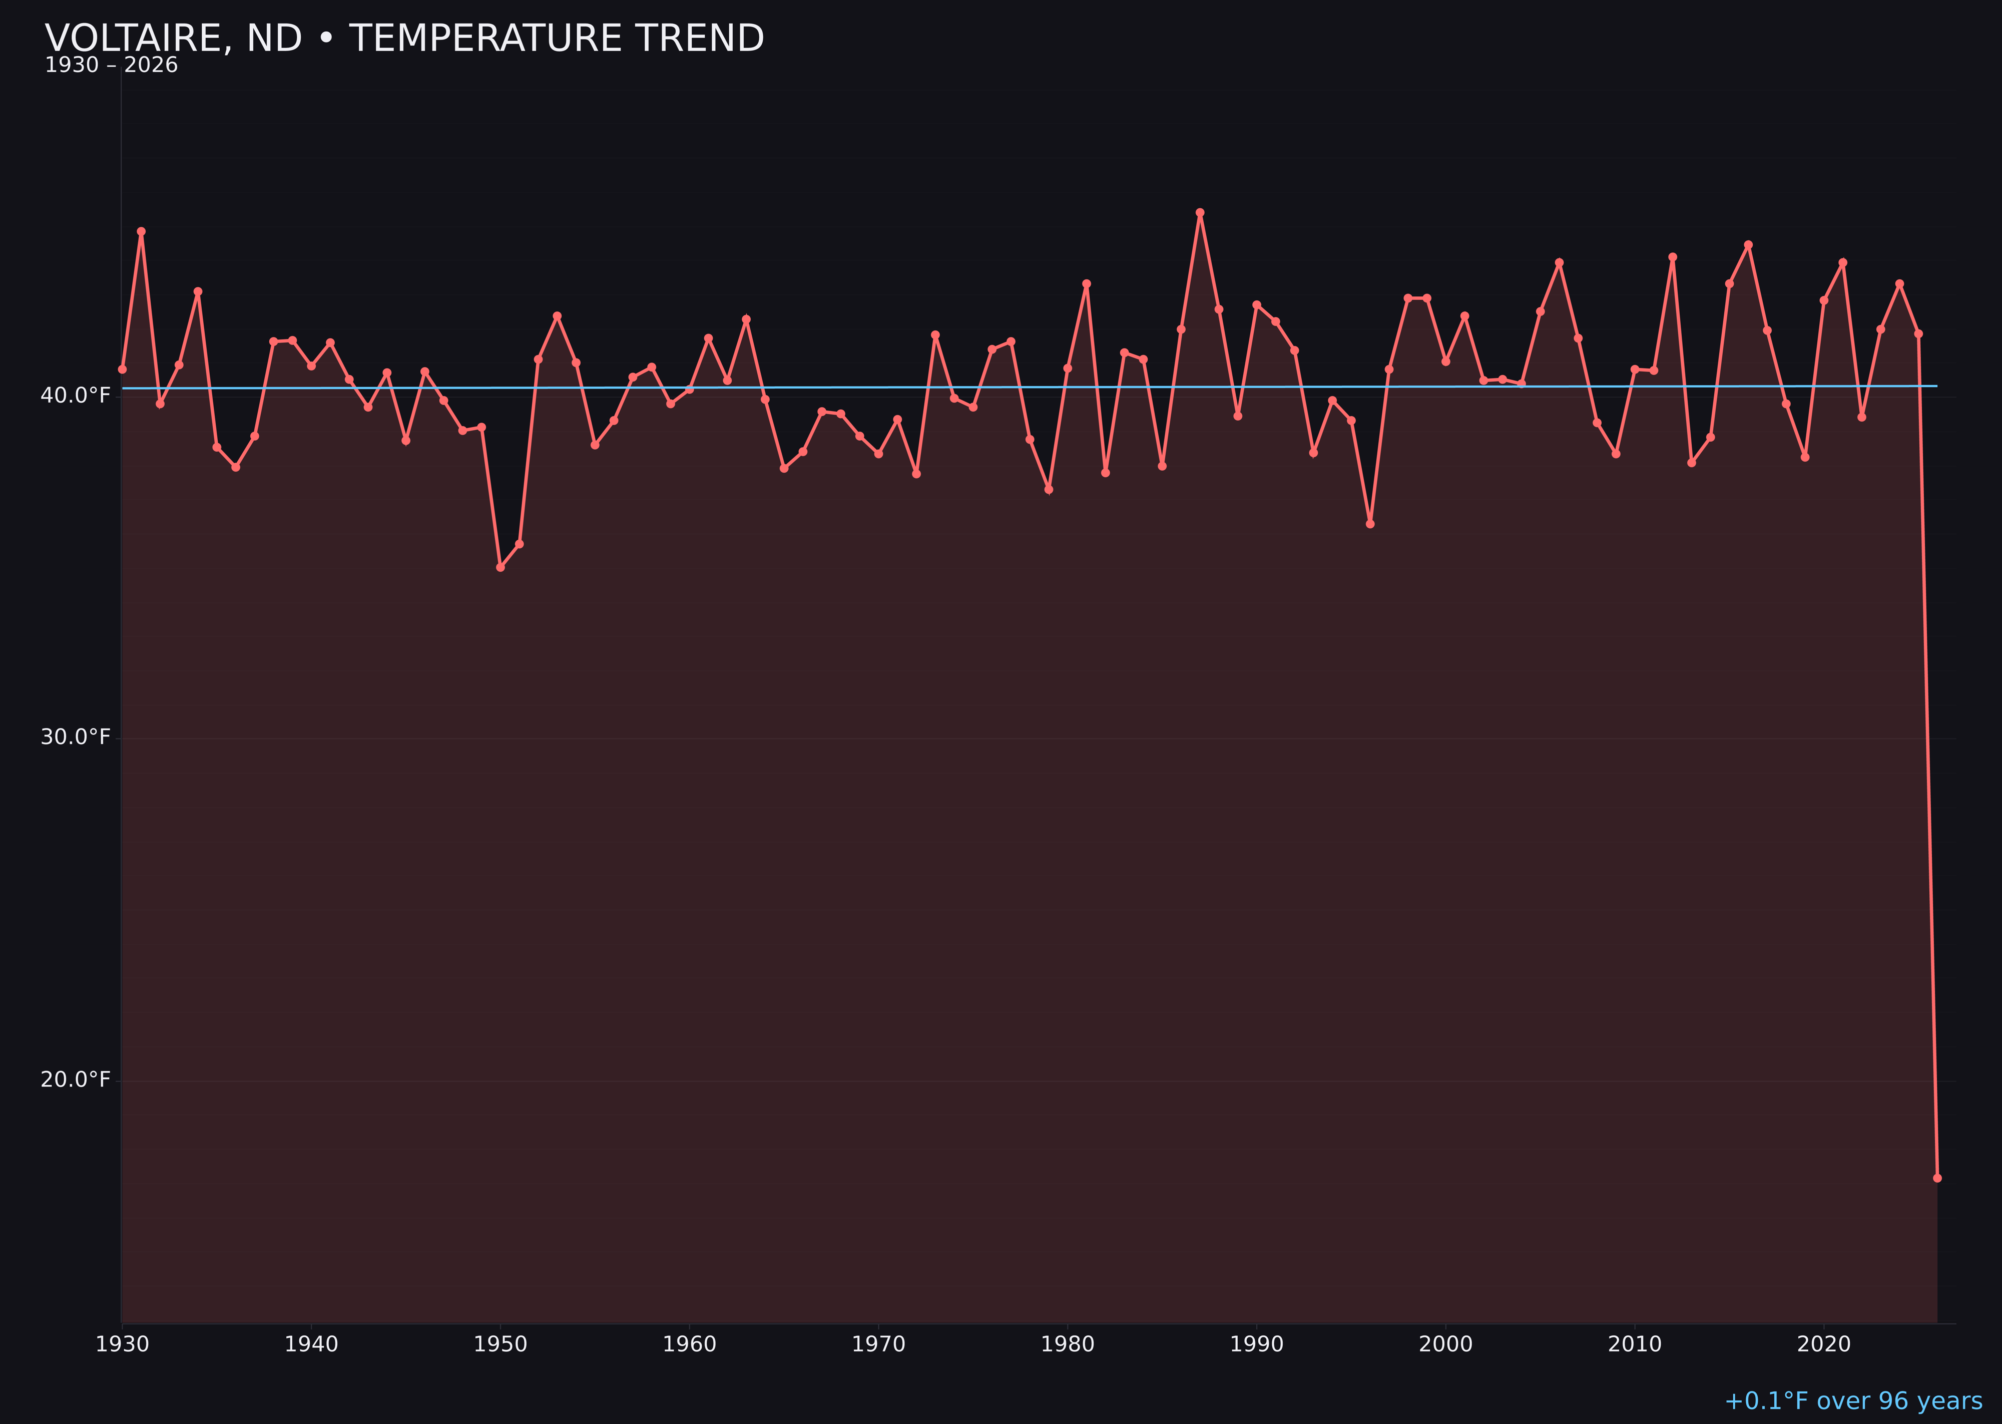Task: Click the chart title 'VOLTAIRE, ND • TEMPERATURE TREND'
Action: click(404, 39)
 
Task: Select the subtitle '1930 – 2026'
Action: click(111, 66)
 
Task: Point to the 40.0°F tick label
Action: click(76, 396)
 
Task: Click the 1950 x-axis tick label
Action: click(500, 1344)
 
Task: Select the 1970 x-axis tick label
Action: click(878, 1344)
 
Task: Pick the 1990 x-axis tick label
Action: click(1256, 1344)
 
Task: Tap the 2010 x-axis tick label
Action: click(1635, 1344)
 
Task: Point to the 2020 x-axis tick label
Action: click(1824, 1344)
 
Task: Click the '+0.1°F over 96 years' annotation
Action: click(1853, 1401)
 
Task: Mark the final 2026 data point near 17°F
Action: click(1937, 1178)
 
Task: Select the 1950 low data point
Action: click(500, 567)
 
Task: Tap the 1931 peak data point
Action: click(141, 231)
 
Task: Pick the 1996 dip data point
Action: click(1370, 523)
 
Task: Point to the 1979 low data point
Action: click(1049, 489)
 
